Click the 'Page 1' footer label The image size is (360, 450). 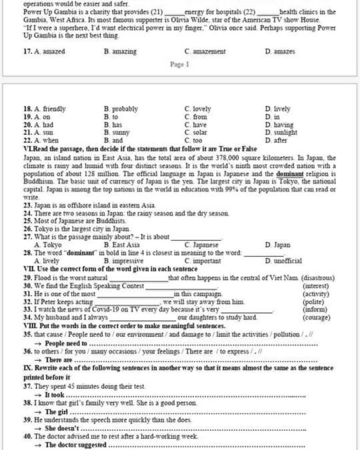click(x=180, y=65)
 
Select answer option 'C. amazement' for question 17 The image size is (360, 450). click(x=205, y=52)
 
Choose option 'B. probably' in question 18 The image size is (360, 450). click(x=121, y=109)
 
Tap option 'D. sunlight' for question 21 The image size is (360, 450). click(x=281, y=133)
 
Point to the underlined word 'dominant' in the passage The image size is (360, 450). click(x=290, y=174)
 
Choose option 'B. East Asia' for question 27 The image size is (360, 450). click(x=122, y=245)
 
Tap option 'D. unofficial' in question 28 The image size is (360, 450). click(x=284, y=261)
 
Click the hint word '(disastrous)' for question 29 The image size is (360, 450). click(x=318, y=278)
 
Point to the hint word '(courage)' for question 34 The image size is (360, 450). click(x=316, y=318)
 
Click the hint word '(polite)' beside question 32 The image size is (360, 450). click(x=313, y=302)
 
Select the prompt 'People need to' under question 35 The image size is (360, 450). click(x=66, y=343)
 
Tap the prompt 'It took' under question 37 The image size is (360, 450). click(x=54, y=395)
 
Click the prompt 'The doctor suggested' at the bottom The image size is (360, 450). click(x=76, y=445)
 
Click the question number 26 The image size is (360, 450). click(x=28, y=229)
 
